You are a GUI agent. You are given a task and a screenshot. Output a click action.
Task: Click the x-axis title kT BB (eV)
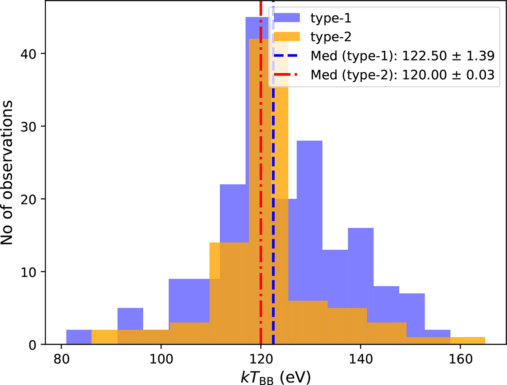(x=274, y=376)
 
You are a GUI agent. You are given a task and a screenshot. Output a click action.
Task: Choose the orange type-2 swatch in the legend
(x=287, y=36)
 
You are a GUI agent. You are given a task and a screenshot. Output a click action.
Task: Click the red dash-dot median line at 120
(x=261, y=211)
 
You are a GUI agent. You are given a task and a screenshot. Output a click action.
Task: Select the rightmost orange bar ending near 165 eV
(x=468, y=341)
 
